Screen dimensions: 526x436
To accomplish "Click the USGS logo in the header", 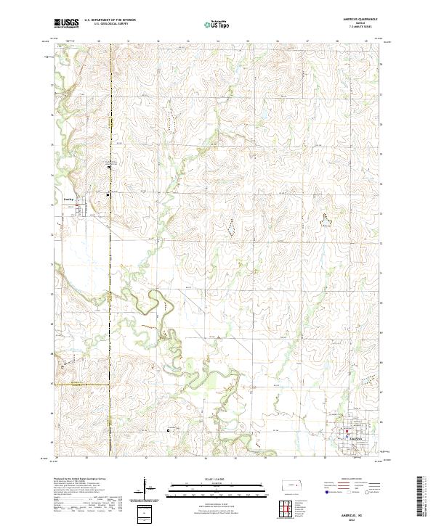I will click(67, 22).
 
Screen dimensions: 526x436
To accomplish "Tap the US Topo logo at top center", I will click(211, 23).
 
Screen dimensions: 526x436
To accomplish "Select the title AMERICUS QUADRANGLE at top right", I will click(355, 20).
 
